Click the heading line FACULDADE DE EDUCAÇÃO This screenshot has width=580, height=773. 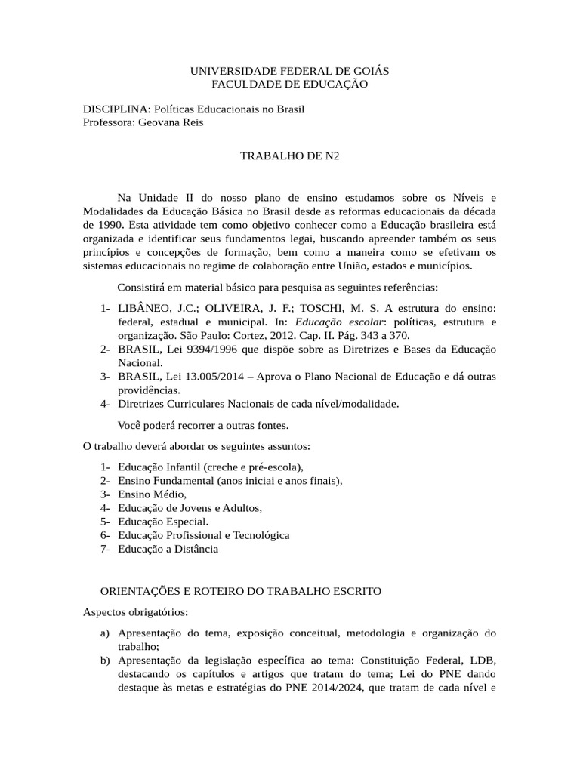tap(289, 84)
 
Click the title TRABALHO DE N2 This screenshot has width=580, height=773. tap(289, 157)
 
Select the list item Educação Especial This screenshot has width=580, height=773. tap(162, 521)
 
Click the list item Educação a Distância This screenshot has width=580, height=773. tap(168, 549)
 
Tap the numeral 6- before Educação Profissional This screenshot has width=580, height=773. tap(106, 535)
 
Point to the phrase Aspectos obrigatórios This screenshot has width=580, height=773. tap(136, 611)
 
